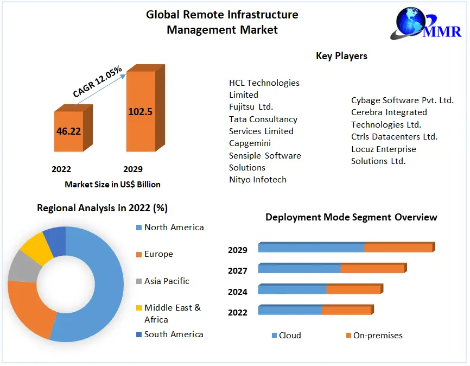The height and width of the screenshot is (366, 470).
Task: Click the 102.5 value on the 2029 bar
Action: coord(140,112)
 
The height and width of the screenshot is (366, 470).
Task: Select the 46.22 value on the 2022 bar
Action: coord(68,131)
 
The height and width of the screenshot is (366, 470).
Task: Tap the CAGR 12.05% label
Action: coord(98,82)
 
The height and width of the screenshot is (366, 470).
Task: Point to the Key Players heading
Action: coord(341,56)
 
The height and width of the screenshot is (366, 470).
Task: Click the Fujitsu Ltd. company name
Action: coord(251,107)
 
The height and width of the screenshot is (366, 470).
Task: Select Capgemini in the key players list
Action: coord(250,143)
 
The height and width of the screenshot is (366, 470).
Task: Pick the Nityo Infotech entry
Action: coord(257,180)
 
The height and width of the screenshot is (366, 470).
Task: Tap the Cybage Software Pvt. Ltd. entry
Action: coord(402,100)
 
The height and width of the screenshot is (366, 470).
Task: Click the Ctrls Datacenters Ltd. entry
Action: coord(394,137)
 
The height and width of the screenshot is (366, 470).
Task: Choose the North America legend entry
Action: coord(174,228)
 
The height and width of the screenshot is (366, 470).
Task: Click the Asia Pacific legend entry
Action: coord(167,281)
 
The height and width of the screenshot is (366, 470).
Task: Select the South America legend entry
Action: coord(174,335)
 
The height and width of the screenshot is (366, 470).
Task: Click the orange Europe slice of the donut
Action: coord(30,310)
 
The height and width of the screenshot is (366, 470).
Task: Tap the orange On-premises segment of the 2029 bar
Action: coord(398,248)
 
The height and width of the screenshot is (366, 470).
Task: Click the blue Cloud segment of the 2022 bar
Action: coord(290,311)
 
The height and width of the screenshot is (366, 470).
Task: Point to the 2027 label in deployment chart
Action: coord(238,271)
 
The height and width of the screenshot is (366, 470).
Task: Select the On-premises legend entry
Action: coord(378,336)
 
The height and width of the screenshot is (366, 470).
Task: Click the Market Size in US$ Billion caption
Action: coord(112,185)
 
